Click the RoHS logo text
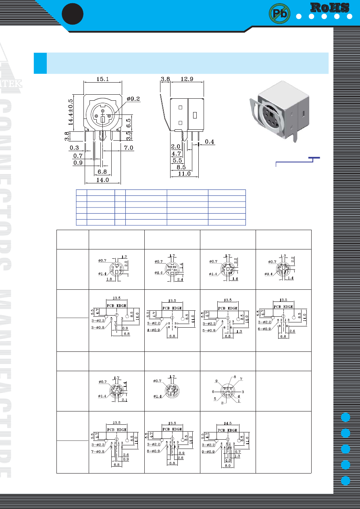coord(330,7)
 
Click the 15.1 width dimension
coord(102,79)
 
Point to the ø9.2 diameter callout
coord(133,99)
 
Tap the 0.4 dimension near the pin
coord(210,141)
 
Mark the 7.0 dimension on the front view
coord(128,148)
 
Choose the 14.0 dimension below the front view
coord(102,180)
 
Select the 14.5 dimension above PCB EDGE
coord(228,423)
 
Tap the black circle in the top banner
coord(73,14)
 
